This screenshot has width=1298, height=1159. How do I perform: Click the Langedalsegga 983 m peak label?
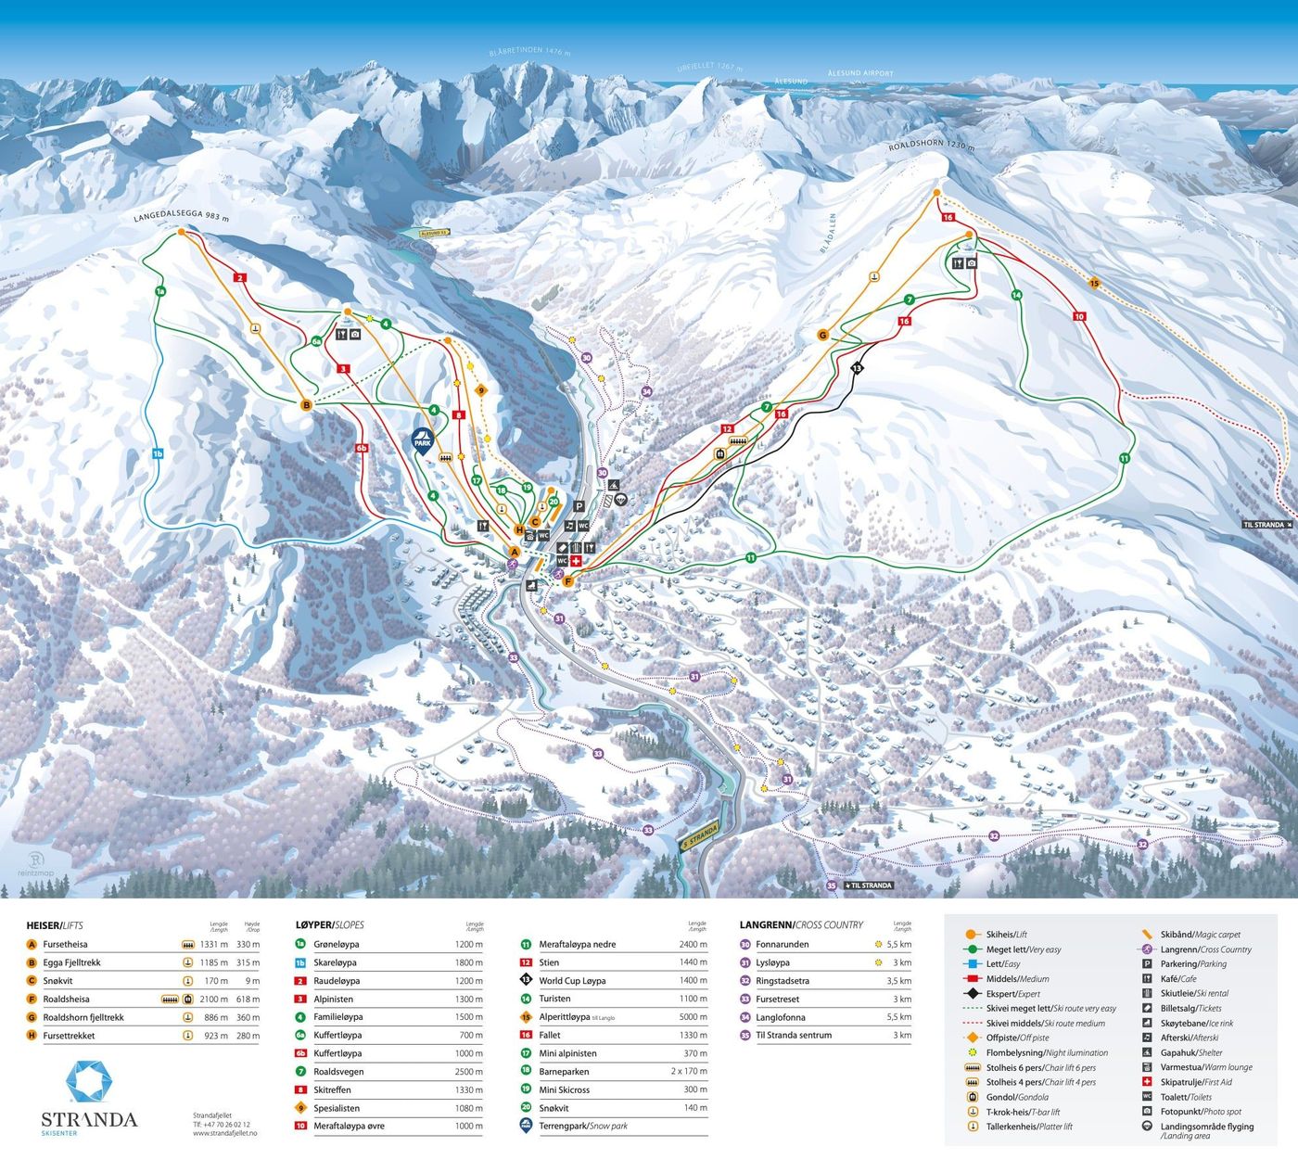pyautogui.click(x=180, y=217)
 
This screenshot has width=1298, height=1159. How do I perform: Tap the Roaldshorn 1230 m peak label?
pyautogui.click(x=933, y=146)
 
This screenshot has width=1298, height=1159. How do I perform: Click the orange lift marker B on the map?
pyautogui.click(x=307, y=404)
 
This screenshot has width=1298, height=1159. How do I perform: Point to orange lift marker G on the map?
pyautogui.click(x=822, y=335)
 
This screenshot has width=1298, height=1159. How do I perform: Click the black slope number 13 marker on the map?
pyautogui.click(x=857, y=368)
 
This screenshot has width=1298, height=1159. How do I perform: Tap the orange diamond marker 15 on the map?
pyautogui.click(x=1094, y=284)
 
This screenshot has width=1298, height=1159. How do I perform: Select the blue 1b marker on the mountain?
pyautogui.click(x=158, y=454)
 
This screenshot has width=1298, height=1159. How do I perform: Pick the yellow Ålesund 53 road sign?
pyautogui.click(x=433, y=234)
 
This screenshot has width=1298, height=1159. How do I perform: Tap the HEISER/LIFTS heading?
pyautogui.click(x=55, y=925)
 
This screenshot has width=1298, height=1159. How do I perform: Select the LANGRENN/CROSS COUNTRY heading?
pyautogui.click(x=801, y=925)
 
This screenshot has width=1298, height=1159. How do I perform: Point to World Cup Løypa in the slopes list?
pyautogui.click(x=572, y=980)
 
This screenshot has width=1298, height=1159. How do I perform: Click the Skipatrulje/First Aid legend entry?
pyautogui.click(x=1196, y=1082)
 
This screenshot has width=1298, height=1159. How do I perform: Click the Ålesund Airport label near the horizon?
pyautogui.click(x=860, y=73)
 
